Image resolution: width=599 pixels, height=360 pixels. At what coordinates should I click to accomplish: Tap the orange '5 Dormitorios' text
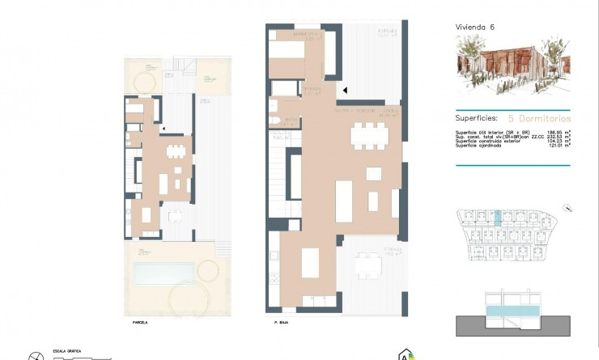[x=538, y=116]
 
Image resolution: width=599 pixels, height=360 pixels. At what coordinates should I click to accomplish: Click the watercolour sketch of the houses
[x=512, y=65]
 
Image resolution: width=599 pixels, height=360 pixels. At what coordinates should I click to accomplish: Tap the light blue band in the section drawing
[x=512, y=311]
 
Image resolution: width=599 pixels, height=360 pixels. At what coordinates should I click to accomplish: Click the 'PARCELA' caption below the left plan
[x=141, y=322]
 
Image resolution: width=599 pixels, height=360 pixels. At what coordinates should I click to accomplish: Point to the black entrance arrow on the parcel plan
[x=164, y=128]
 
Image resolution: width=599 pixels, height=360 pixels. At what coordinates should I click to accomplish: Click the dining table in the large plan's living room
[x=369, y=137]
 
